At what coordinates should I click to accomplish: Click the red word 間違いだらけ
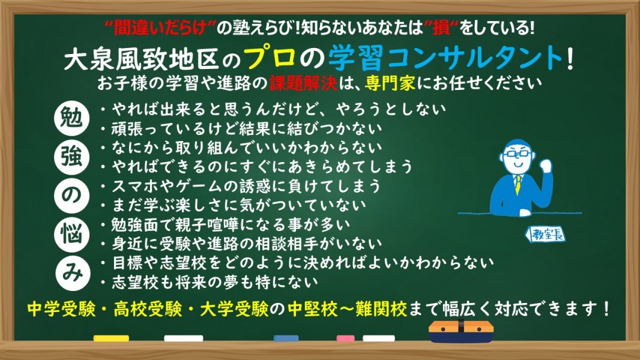click(160, 28)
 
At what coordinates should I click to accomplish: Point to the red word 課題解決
click(303, 83)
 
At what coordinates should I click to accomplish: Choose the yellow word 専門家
click(390, 83)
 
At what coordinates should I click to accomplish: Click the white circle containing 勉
click(71, 118)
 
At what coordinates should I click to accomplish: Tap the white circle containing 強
click(71, 157)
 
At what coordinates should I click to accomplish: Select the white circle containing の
click(71, 196)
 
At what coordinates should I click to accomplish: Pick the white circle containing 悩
click(71, 235)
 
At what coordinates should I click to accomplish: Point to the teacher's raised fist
click(545, 166)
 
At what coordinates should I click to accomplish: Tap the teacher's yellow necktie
click(518, 184)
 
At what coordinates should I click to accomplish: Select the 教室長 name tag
click(545, 235)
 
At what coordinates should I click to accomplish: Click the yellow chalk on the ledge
click(111, 338)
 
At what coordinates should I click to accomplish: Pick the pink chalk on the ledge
click(345, 338)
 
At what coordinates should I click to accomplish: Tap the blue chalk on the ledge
click(286, 338)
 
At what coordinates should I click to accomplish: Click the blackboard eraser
click(461, 331)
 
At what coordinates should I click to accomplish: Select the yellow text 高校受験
click(148, 309)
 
